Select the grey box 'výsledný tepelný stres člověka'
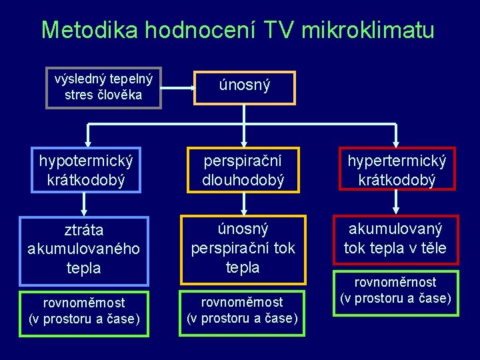(x=103, y=87)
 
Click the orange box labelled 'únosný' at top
(x=245, y=87)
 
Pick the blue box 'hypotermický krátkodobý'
(x=86, y=170)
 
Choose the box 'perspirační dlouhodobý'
(x=244, y=170)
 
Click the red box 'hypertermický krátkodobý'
(x=397, y=170)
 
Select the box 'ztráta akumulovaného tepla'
(x=84, y=249)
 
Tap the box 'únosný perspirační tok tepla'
(x=243, y=248)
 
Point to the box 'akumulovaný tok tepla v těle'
(x=396, y=239)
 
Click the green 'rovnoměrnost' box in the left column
(x=85, y=311)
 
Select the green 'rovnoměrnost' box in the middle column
(x=243, y=311)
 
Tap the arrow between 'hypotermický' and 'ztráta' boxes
(x=85, y=204)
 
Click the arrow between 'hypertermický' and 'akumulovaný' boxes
(x=396, y=203)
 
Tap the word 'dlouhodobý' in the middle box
(x=244, y=180)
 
